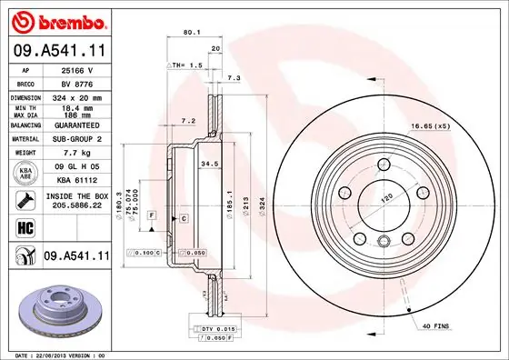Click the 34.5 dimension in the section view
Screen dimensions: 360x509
[x=210, y=164]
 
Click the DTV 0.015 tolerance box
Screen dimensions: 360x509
[x=208, y=327]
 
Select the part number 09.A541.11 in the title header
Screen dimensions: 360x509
[x=59, y=51]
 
